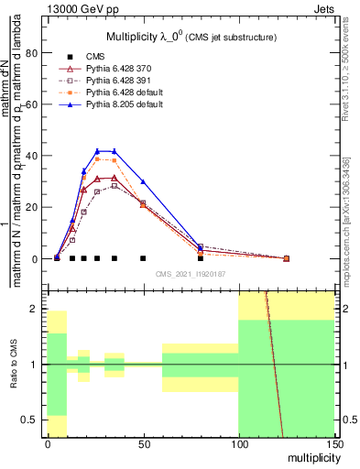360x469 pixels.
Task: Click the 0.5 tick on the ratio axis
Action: pos(33,420)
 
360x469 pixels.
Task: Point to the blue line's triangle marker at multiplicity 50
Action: pos(143,181)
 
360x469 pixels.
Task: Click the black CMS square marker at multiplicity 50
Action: pos(143,258)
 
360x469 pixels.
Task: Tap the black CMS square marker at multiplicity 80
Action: pos(200,258)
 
